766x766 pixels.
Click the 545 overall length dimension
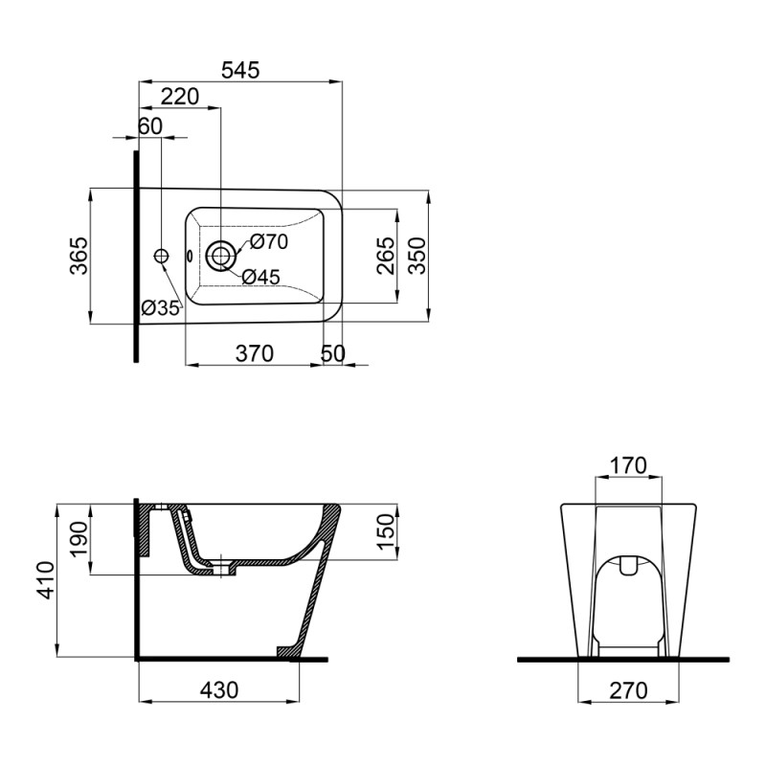pos(240,70)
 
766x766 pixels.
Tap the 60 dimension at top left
pos(150,125)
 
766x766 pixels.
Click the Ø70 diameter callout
pos(269,242)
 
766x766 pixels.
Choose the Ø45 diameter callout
pos(260,277)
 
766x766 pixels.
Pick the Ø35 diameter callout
pos(161,307)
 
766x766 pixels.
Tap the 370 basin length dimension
pos(254,353)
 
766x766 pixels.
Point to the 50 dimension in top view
pos(332,353)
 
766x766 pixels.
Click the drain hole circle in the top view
pos(222,255)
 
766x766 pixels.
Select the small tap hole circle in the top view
pos(161,255)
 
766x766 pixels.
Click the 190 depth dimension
pos(79,538)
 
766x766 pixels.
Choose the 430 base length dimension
pos(219,688)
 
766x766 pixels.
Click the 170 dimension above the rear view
pos(628,466)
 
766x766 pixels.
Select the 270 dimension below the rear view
pos(628,688)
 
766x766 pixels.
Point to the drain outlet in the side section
pos(226,569)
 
